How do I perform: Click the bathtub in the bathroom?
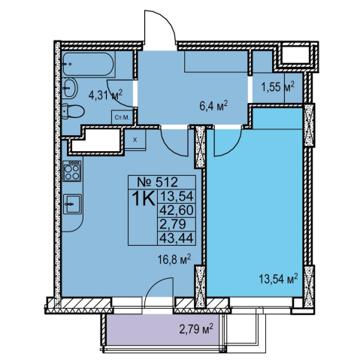pyautogui.click(x=89, y=64)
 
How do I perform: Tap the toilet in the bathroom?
pyautogui.click(x=73, y=112)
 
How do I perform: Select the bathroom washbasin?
pyautogui.click(x=69, y=88)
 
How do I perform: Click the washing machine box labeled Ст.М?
pyautogui.click(x=122, y=117)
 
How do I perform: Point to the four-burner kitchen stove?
pyautogui.click(x=72, y=171)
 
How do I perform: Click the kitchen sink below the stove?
pyautogui.click(x=72, y=204)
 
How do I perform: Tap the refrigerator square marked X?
pyautogui.click(x=135, y=140)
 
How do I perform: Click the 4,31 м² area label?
pyautogui.click(x=106, y=95)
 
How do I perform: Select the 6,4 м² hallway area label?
pyautogui.click(x=213, y=106)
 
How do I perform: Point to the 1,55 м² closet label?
pyautogui.click(x=277, y=87)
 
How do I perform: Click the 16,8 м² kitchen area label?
pyautogui.click(x=174, y=260)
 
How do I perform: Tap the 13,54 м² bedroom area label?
pyautogui.click(x=278, y=279)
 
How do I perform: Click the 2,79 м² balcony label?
pyautogui.click(x=196, y=329)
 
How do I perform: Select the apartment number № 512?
pyautogui.click(x=158, y=182)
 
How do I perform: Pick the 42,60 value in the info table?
pyautogui.click(x=177, y=210)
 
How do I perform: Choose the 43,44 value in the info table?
pyautogui.click(x=177, y=237)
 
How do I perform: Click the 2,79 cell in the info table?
pyautogui.click(x=173, y=224)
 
